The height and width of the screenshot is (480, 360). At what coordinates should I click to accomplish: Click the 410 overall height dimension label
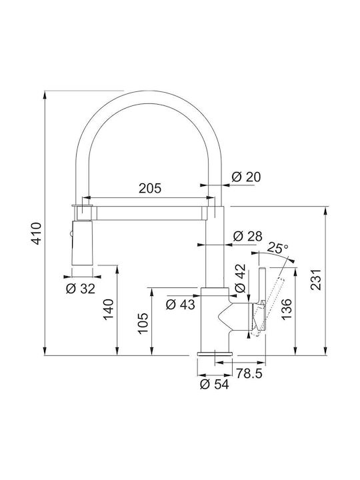tap(37, 233)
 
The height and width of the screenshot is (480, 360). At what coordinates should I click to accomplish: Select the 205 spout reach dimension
tap(150, 188)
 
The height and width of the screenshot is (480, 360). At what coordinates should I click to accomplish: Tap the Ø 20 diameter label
tap(246, 177)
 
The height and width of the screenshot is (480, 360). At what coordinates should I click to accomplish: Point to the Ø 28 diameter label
tap(247, 236)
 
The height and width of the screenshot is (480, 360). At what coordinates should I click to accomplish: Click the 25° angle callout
tap(277, 247)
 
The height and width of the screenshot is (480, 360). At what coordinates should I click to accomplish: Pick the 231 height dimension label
tap(315, 279)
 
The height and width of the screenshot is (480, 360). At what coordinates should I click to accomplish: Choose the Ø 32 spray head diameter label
tap(81, 289)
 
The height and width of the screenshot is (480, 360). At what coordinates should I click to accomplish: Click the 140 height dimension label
tap(108, 309)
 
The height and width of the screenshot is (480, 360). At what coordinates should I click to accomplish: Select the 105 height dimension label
tap(143, 323)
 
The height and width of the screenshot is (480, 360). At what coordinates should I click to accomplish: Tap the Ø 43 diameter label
tap(180, 304)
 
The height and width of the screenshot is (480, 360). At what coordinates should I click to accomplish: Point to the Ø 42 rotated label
tap(240, 278)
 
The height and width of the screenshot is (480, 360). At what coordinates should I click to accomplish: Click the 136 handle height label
tap(287, 309)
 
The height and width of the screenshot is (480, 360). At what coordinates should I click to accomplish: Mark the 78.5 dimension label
tap(249, 373)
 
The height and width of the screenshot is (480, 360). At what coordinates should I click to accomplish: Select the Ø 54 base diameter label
tap(214, 385)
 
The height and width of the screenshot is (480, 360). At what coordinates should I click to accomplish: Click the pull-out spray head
tap(82, 243)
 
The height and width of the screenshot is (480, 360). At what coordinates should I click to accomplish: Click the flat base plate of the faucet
tap(215, 354)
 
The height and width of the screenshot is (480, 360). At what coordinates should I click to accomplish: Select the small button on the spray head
tap(71, 234)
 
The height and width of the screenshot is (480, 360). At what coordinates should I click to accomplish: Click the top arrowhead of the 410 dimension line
tap(45, 95)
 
